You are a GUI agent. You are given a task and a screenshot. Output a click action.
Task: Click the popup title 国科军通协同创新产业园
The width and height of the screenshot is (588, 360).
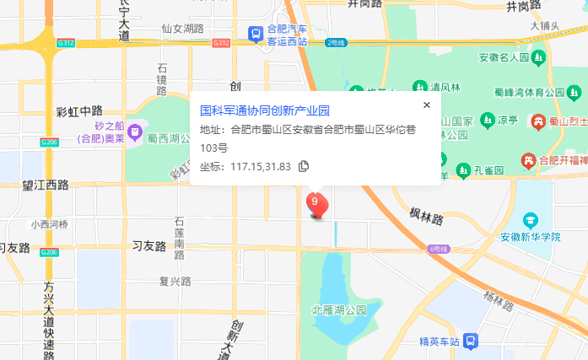click(x=264, y=111)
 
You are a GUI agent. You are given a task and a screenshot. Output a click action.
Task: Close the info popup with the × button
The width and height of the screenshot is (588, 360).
click(x=427, y=105)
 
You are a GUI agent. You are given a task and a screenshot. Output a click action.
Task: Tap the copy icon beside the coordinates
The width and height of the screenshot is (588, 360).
click(x=305, y=166)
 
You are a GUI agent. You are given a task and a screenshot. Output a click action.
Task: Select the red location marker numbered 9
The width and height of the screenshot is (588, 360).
click(x=315, y=203)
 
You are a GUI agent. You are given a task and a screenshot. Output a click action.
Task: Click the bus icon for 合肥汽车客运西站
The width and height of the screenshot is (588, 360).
click(x=255, y=34)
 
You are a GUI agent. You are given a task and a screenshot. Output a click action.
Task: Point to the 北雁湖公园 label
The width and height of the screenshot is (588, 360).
click(x=340, y=310)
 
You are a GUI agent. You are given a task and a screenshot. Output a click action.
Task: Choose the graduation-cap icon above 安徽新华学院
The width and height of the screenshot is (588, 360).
click(x=529, y=221)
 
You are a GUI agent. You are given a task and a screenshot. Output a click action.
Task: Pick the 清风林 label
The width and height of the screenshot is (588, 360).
click(x=445, y=87)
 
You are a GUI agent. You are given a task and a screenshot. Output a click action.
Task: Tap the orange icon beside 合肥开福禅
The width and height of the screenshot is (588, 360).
click(x=529, y=159)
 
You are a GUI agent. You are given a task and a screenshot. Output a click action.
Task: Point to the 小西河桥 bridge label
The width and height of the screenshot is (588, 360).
click(x=47, y=224)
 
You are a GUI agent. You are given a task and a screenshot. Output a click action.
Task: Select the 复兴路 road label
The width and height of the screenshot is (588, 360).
click(x=175, y=282)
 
